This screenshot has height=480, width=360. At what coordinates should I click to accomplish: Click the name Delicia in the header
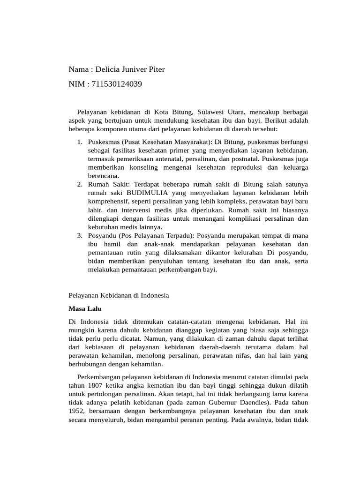click(x=108, y=70)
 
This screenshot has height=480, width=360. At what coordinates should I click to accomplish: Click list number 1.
click(x=79, y=142)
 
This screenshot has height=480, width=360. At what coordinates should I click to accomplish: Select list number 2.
click(x=79, y=184)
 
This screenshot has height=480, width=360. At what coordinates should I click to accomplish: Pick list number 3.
click(x=79, y=235)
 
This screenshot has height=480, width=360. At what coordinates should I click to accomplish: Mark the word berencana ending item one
click(x=103, y=175)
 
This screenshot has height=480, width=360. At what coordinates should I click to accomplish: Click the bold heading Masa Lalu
click(x=85, y=309)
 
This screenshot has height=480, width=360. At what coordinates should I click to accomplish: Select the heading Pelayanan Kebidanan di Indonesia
click(x=119, y=296)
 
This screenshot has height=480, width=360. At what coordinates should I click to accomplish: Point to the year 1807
click(x=93, y=386)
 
